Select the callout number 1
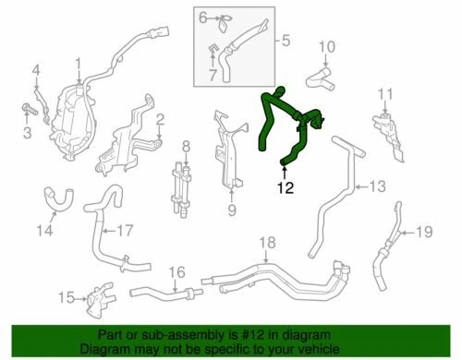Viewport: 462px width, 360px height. pyautogui.click(x=79, y=64)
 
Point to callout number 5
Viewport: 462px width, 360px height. pyautogui.click(x=286, y=41)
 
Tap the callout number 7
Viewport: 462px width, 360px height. pyautogui.click(x=211, y=72)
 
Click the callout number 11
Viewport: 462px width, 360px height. pyautogui.click(x=385, y=92)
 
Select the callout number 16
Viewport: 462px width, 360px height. pyautogui.click(x=177, y=273)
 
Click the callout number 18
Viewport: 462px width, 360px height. pyautogui.click(x=267, y=244)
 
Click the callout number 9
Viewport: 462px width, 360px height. pyautogui.click(x=231, y=210)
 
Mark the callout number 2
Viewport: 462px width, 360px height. pyautogui.click(x=160, y=118)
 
